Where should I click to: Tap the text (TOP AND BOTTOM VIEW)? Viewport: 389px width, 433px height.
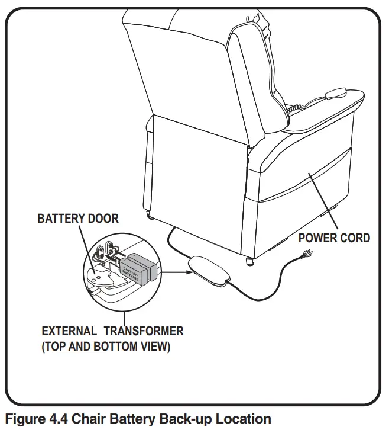click(106, 347)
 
